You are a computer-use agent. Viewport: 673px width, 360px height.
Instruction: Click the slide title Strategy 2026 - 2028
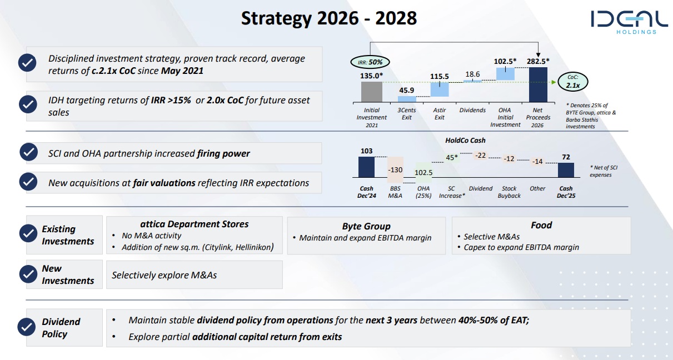328,18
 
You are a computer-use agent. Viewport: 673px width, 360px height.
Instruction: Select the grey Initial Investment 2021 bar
371,91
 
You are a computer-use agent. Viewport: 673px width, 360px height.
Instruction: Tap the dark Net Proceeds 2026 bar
538,84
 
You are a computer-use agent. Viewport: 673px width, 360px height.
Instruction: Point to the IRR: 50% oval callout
370,62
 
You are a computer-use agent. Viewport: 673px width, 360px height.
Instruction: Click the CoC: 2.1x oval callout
572,82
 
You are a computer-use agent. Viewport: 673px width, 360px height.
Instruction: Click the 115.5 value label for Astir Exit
439,77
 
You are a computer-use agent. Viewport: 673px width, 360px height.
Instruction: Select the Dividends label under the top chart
472,110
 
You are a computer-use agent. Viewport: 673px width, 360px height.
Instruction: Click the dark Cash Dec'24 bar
366,167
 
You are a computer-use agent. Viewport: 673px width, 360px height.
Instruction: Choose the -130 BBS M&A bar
395,169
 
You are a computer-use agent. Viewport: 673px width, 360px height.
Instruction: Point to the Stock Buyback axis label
509,192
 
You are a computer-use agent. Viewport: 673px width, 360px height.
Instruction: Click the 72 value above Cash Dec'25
566,157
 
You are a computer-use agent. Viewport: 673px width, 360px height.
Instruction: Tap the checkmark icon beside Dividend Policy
27,328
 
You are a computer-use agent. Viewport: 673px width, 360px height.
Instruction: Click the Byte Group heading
366,226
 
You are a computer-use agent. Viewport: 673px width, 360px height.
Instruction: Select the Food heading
541,225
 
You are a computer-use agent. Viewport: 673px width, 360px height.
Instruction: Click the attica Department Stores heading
194,224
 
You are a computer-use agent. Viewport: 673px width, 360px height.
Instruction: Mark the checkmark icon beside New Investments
27,274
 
